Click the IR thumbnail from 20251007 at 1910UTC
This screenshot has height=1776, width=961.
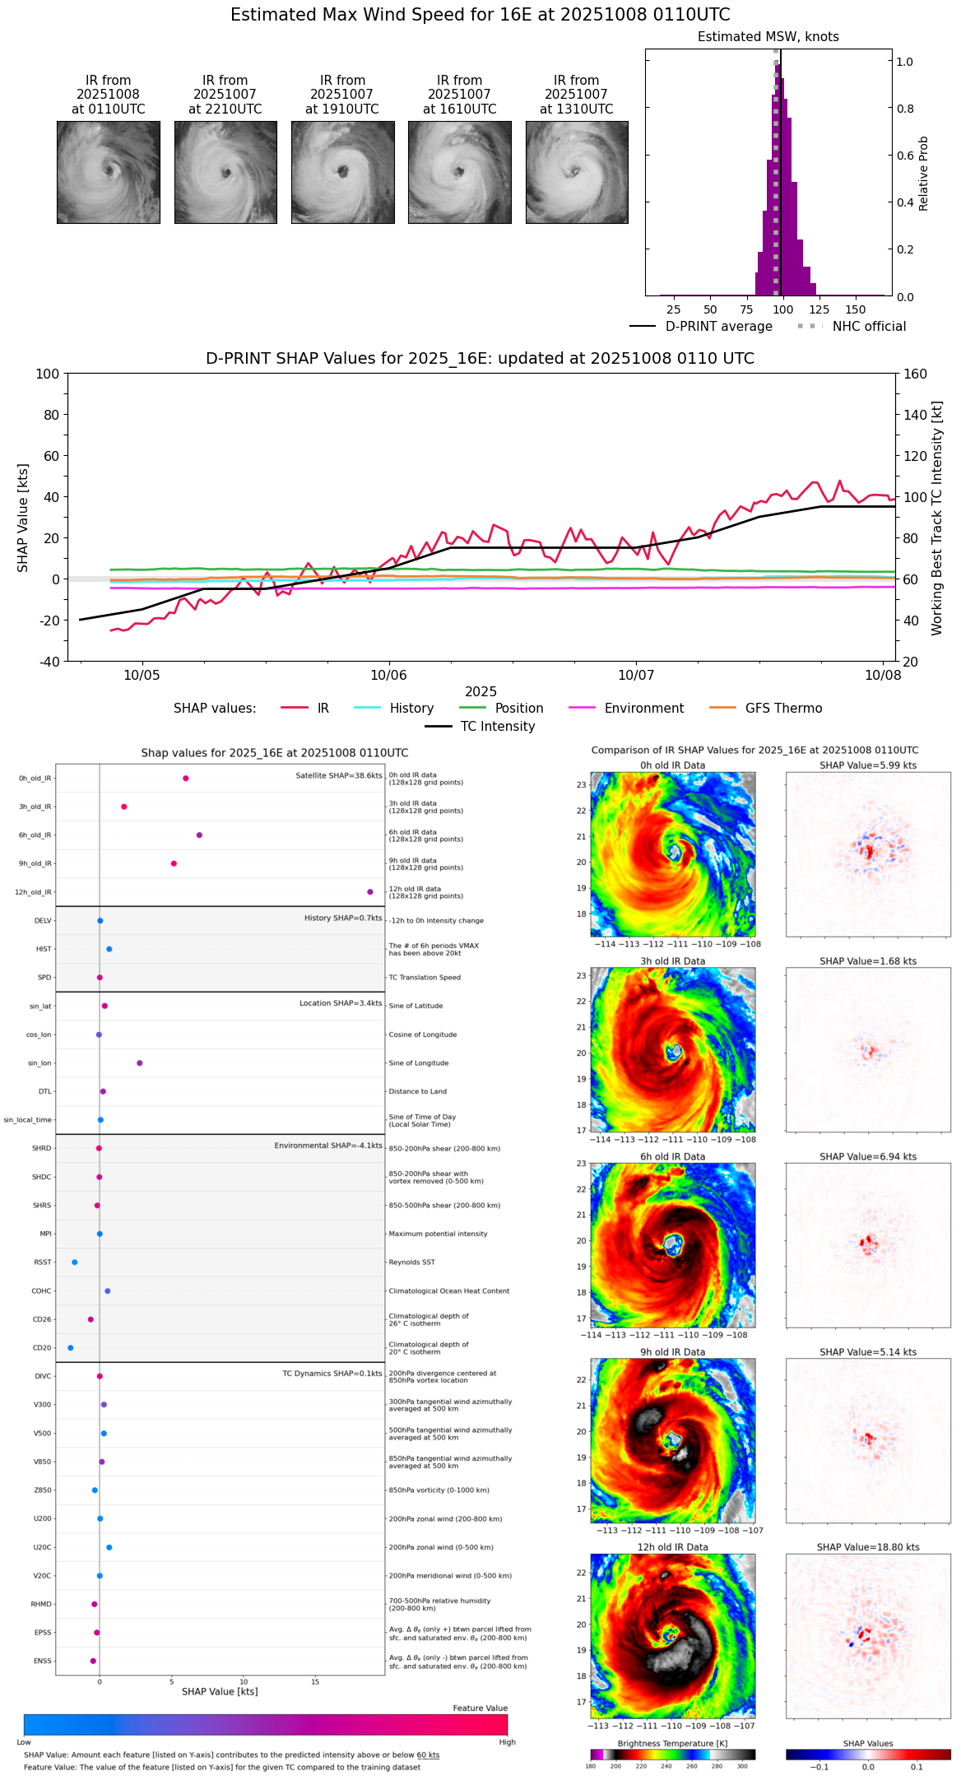pos(342,172)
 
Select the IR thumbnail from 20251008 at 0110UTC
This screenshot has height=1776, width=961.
pos(109,172)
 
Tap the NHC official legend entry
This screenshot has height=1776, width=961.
pos(869,327)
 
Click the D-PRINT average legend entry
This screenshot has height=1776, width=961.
pos(718,327)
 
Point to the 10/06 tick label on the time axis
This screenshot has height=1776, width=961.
pos(388,676)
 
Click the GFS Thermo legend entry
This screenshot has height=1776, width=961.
pos(783,709)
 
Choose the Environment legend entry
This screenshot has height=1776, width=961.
pos(643,709)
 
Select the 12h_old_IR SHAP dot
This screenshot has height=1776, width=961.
pos(370,892)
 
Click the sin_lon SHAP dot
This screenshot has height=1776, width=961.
pos(140,1063)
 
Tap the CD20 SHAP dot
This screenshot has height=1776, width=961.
pos(71,1348)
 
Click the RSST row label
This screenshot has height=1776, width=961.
pos(42,1262)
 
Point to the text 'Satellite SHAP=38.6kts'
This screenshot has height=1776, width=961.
pos(339,776)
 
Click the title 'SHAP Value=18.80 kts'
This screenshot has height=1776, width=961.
pos(868,1547)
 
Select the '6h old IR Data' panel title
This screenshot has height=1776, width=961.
pos(672,1156)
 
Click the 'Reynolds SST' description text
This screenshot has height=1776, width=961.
pos(412,1262)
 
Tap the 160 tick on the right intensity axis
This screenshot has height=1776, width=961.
pos(915,374)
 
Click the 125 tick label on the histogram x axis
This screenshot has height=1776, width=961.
pos(819,310)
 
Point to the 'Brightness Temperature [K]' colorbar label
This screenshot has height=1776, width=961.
pos(672,1743)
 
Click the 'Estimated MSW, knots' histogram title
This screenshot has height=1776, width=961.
pos(768,37)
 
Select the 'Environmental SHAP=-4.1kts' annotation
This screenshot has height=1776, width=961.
pos(328,1146)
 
